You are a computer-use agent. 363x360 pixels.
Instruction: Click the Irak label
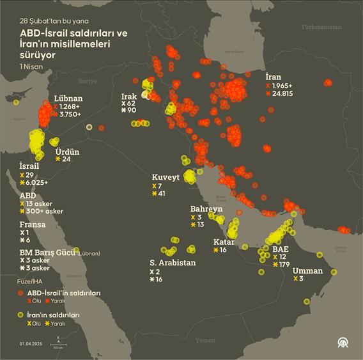click(128, 96)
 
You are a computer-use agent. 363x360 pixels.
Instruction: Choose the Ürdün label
click(66, 151)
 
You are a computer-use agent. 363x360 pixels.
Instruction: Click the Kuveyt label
click(164, 177)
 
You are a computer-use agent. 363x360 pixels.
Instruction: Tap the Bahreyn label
click(206, 209)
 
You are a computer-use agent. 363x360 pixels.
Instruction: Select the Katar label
click(224, 242)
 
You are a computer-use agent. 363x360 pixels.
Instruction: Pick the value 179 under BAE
click(285, 265)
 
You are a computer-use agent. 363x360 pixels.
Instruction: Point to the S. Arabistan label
click(173, 263)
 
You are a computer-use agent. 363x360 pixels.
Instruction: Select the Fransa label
click(31, 224)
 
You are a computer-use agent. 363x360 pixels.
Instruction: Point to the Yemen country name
click(205, 341)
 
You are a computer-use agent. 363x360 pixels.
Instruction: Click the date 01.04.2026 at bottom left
click(31, 343)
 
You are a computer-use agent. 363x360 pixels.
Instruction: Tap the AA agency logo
click(343, 343)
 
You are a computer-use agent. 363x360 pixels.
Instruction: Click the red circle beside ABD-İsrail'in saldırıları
click(21, 292)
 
